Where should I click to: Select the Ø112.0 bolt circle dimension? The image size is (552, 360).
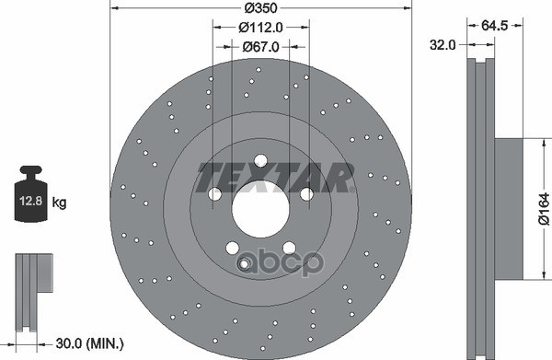click(x=260, y=28)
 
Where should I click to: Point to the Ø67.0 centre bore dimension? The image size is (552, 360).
click(x=260, y=45)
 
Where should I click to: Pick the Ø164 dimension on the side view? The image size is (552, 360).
click(x=544, y=209)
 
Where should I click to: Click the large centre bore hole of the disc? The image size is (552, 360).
click(x=260, y=209)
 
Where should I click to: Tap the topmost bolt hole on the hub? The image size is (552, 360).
click(x=260, y=159)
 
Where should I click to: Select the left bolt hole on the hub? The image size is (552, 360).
click(x=214, y=194)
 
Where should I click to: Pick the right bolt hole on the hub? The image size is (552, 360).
click(x=307, y=194)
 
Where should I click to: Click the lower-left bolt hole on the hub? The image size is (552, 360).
click(x=232, y=248)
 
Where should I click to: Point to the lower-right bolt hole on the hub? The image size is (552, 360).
click(x=289, y=248)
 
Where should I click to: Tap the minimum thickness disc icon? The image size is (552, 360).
click(x=29, y=285)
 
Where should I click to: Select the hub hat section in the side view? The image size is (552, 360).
click(x=511, y=209)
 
